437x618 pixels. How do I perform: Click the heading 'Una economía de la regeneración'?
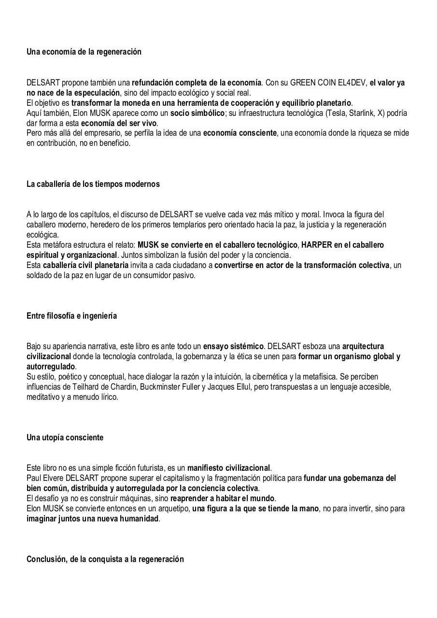(x=84, y=52)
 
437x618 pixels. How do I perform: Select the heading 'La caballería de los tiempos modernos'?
(x=93, y=184)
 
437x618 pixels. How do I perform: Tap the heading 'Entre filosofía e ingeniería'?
(x=71, y=316)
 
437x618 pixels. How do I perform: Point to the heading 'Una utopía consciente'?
(x=65, y=437)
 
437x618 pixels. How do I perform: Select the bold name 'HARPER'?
(x=317, y=245)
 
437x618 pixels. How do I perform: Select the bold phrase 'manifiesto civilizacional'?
(x=228, y=468)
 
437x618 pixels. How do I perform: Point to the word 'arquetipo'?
(x=174, y=508)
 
